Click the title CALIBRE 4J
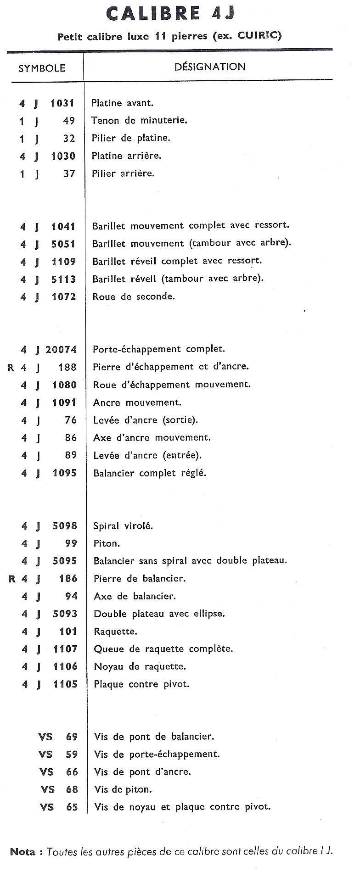[170, 13]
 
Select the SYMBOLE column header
[42, 68]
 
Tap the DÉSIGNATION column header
[209, 67]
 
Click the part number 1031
[62, 103]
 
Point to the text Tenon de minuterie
[139, 121]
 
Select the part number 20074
[61, 350]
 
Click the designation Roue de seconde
[134, 296]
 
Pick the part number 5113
[63, 279]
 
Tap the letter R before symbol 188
[11, 368]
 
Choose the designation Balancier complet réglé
[150, 473]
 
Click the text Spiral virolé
[123, 526]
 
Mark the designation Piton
[107, 544]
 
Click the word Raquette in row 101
[115, 632]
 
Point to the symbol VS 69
[58, 737]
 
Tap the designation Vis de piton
[123, 790]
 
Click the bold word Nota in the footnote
[23, 852]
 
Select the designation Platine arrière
[126, 156]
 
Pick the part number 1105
[65, 684]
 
